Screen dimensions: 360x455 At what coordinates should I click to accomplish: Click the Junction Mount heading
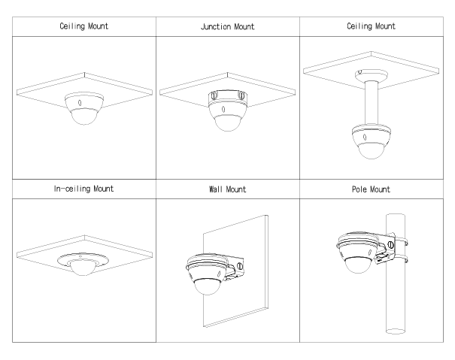pos(227,26)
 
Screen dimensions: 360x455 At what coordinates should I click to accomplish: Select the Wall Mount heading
pos(227,190)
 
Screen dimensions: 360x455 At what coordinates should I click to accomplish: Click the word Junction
pos(214,26)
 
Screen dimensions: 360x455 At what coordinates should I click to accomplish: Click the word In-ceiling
pos(66,190)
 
